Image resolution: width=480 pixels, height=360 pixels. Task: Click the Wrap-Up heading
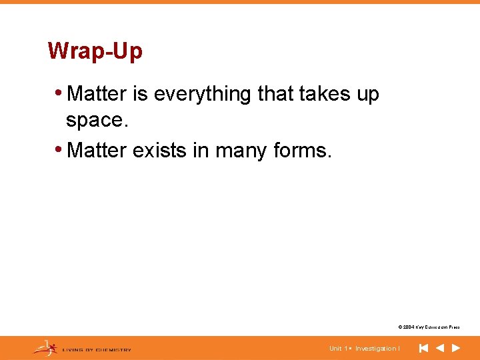(x=95, y=51)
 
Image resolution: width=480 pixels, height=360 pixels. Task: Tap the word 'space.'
(x=95, y=120)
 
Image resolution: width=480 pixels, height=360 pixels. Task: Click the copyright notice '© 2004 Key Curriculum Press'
(x=428, y=327)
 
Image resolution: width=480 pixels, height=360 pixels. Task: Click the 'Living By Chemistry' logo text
(x=97, y=349)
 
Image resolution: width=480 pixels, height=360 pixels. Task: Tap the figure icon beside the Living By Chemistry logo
(x=45, y=347)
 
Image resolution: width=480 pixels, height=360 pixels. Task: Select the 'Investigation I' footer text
(x=377, y=349)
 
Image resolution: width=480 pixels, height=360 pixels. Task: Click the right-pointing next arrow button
(x=456, y=348)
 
